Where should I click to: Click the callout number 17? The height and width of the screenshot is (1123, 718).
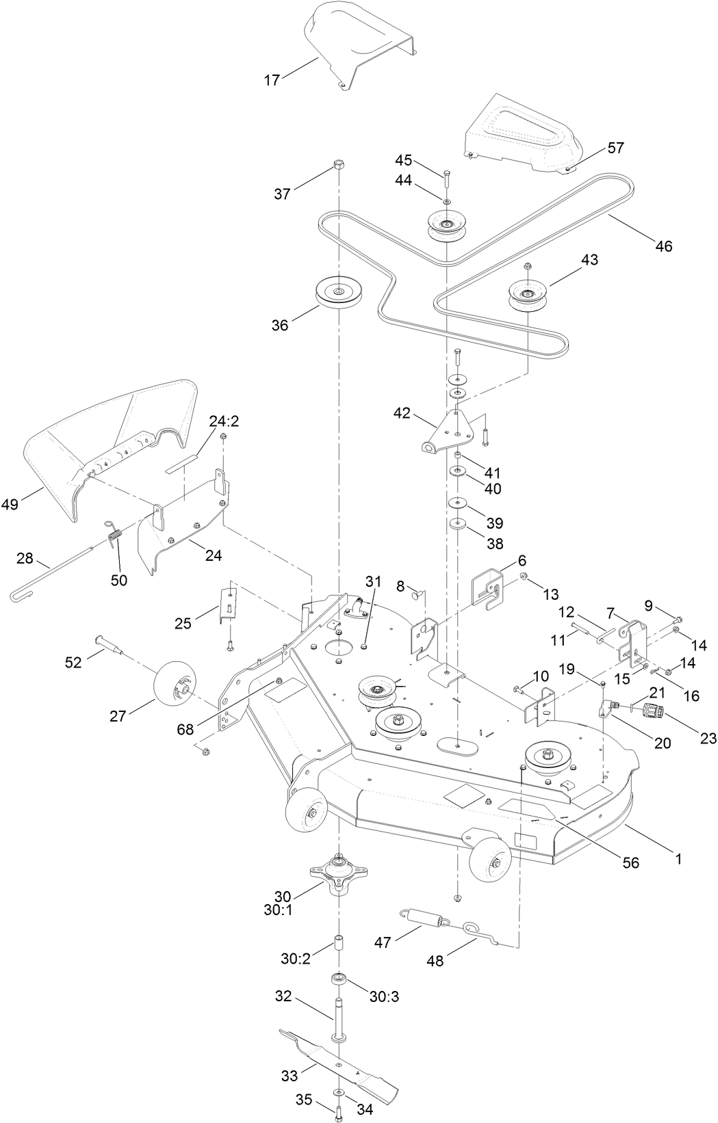pos(272,81)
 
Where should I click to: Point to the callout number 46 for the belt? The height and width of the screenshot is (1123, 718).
pos(663,246)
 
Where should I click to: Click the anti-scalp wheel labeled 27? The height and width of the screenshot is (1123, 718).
pos(173,686)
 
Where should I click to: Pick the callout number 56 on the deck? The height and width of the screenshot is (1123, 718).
pos(630,862)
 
